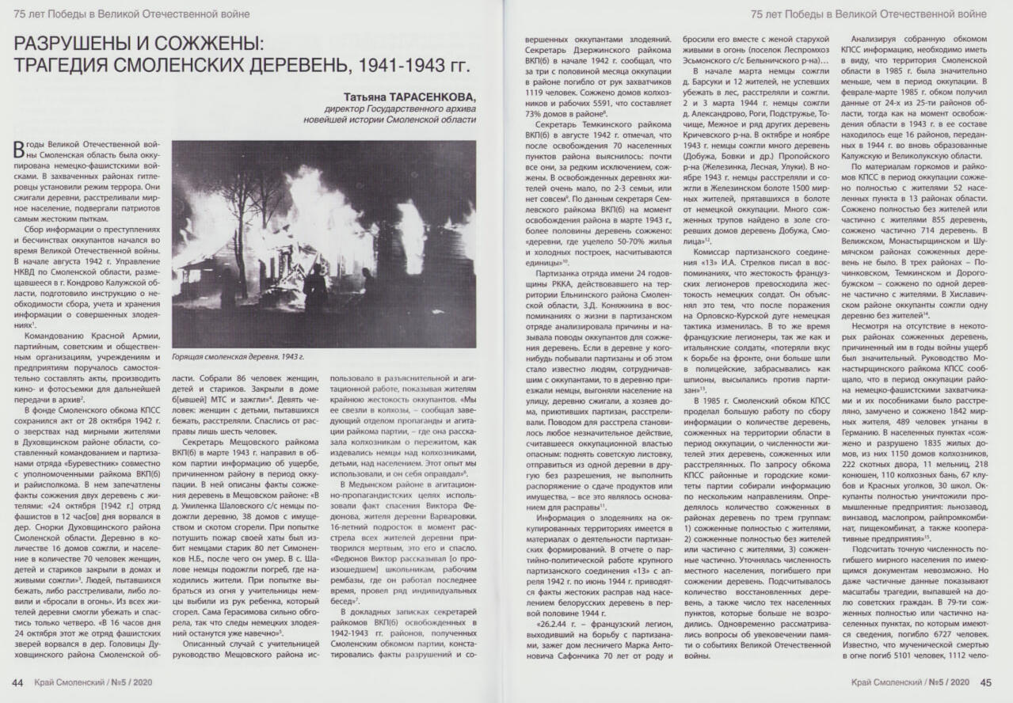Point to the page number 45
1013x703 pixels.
[986, 682]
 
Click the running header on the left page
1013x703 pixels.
[131, 13]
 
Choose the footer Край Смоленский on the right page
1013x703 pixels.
[884, 682]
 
